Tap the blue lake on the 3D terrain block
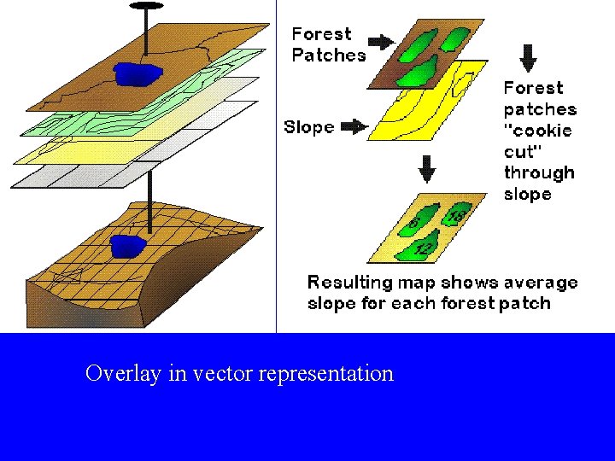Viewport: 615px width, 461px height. (127, 246)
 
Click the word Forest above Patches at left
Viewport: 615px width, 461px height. (321, 34)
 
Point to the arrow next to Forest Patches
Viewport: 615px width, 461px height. (379, 40)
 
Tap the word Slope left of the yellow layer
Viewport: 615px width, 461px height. (308, 127)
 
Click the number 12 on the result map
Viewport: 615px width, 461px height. (422, 248)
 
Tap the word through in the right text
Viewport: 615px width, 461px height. (538, 172)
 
